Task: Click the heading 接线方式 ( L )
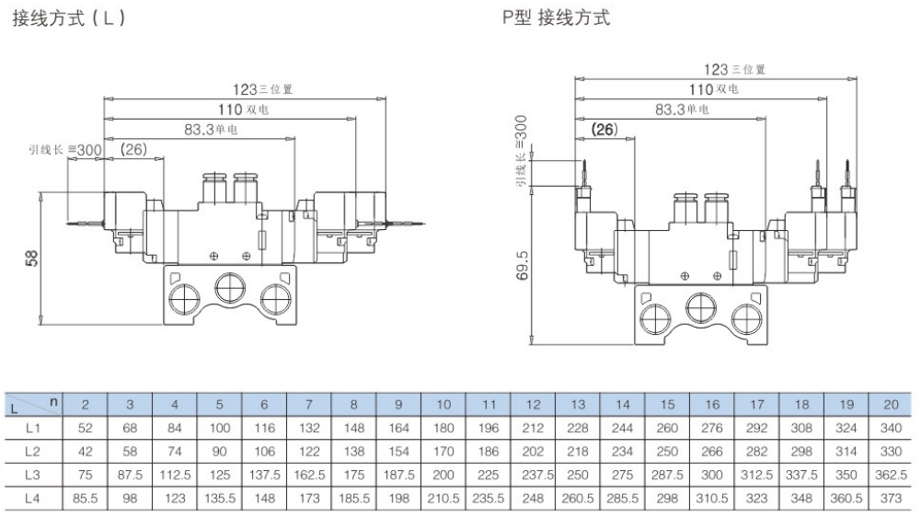pyautogui.click(x=68, y=18)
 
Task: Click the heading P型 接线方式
pyautogui.click(x=555, y=18)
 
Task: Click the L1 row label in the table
pyautogui.click(x=33, y=428)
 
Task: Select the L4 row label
pyautogui.click(x=33, y=497)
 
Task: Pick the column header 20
pyautogui.click(x=891, y=405)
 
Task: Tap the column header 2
pyautogui.click(x=85, y=405)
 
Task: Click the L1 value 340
pyautogui.click(x=891, y=428)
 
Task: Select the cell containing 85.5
pyautogui.click(x=85, y=497)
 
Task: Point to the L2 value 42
pyautogui.click(x=85, y=451)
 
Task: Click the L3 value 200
pyautogui.click(x=443, y=474)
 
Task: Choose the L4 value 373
pyautogui.click(x=891, y=497)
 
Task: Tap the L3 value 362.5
pyautogui.click(x=891, y=474)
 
